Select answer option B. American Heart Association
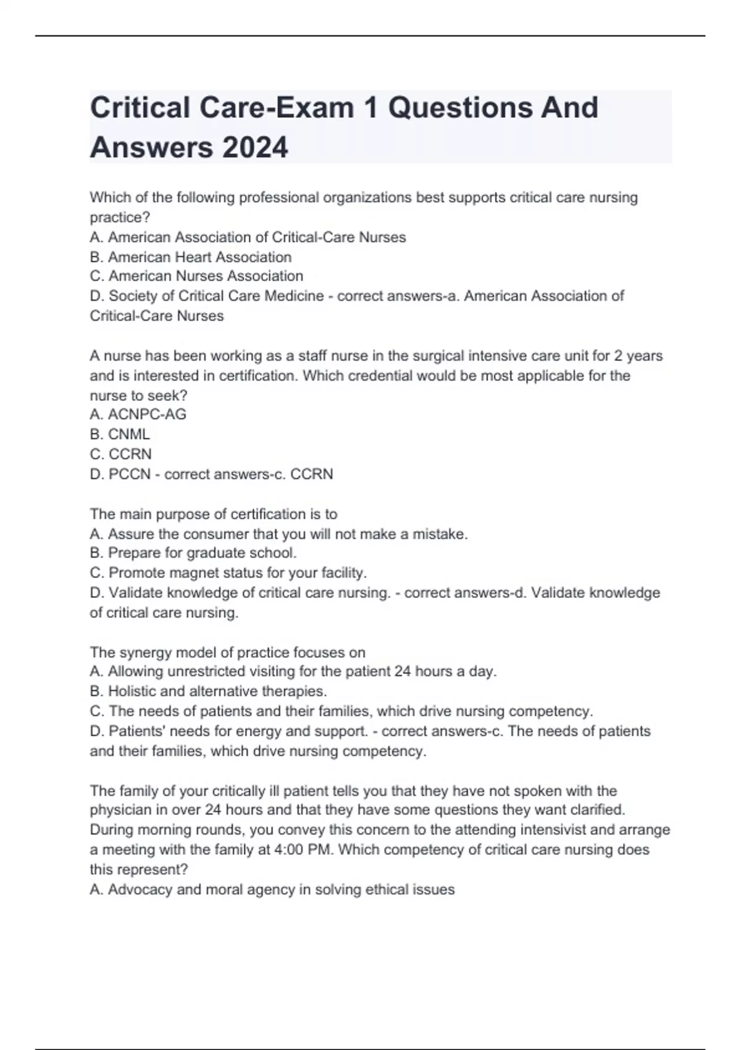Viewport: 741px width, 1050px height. click(x=191, y=257)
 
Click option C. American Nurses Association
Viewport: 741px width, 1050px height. click(x=196, y=276)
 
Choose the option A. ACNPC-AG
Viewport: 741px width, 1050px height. click(x=138, y=414)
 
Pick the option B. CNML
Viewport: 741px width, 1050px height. click(x=120, y=434)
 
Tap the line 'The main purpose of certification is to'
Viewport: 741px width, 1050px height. click(x=214, y=514)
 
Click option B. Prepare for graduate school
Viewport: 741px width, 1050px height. click(x=193, y=553)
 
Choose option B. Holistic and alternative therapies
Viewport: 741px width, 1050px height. click(x=208, y=691)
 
